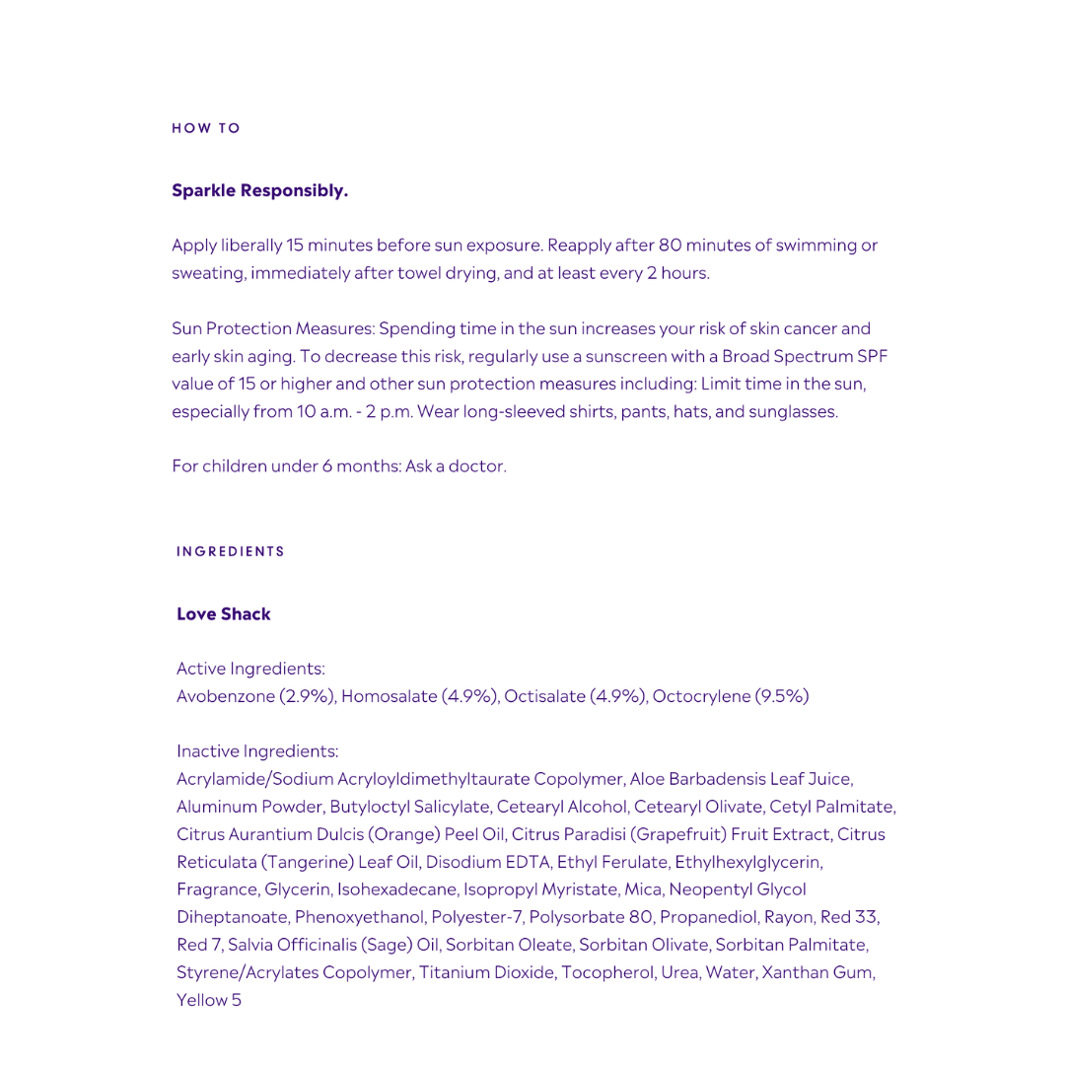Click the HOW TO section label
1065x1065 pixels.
click(206, 128)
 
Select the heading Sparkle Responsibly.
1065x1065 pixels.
click(259, 190)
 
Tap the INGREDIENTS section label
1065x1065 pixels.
click(231, 551)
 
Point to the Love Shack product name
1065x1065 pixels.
click(224, 614)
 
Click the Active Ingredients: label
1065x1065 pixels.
click(250, 669)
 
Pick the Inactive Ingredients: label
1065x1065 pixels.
click(257, 751)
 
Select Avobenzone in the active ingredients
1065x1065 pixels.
click(225, 696)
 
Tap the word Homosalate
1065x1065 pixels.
click(389, 696)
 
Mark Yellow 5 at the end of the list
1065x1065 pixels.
click(209, 1000)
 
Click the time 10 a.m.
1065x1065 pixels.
click(324, 411)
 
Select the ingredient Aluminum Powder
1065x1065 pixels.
click(248, 807)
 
